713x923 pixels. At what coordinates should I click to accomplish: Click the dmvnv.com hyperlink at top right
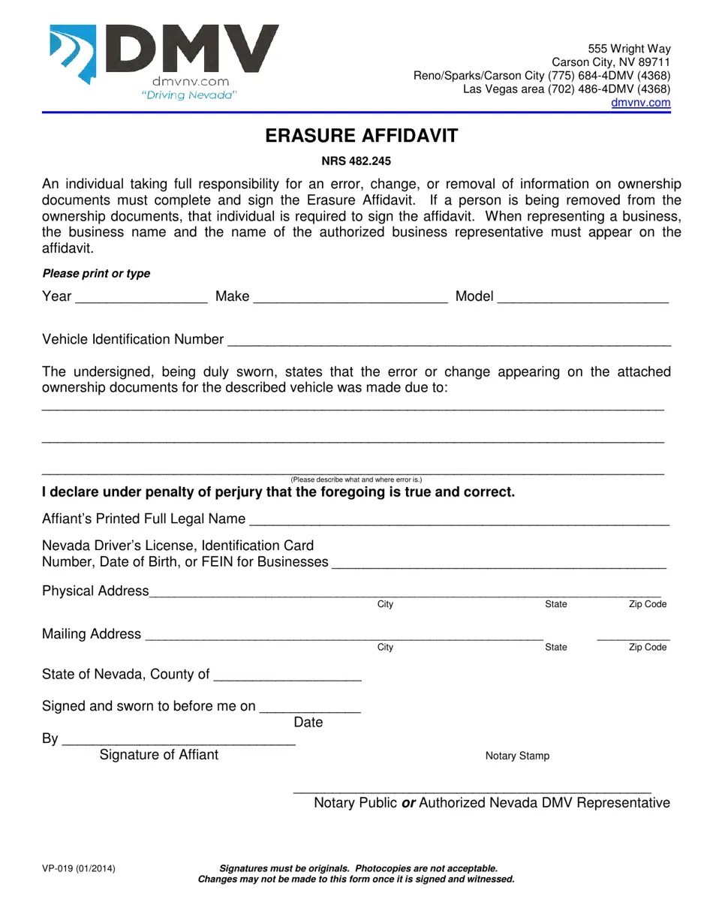point(640,103)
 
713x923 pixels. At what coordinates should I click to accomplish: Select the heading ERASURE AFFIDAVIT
point(361,136)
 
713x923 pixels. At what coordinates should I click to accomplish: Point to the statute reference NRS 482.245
point(356,161)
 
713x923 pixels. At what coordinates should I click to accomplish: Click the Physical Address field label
point(95,591)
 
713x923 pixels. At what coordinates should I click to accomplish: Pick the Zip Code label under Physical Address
point(647,604)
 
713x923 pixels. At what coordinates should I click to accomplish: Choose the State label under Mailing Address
point(555,647)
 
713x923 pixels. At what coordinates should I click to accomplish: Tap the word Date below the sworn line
point(308,723)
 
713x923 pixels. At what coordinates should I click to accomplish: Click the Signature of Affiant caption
point(158,755)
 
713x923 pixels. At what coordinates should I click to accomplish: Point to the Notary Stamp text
point(517,756)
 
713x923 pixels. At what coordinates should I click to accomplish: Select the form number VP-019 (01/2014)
point(79,868)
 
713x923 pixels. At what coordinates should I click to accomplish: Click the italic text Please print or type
point(96,274)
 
